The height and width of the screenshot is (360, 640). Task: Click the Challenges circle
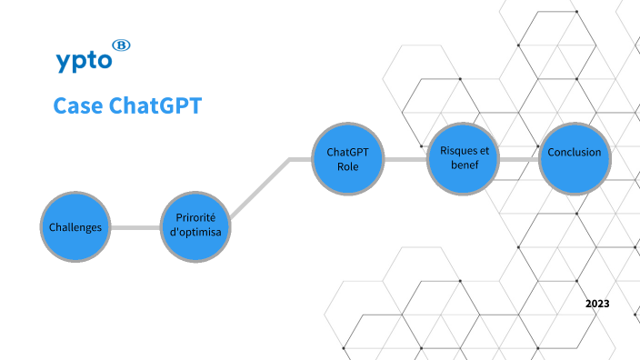pos(75,227)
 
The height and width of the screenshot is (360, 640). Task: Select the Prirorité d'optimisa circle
pos(196,225)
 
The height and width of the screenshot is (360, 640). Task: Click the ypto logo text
pos(83,61)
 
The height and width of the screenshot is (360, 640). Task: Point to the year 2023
pos(597,303)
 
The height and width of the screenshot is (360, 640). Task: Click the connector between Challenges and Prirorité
pos(136,226)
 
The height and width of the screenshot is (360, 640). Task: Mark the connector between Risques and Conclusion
pos(520,158)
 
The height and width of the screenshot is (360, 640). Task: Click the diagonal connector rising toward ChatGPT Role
pos(259,189)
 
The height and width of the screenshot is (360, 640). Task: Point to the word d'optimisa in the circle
pos(196,234)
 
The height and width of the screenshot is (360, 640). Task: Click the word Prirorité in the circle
pos(196,218)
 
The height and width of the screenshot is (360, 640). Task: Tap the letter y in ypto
pos(63,63)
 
